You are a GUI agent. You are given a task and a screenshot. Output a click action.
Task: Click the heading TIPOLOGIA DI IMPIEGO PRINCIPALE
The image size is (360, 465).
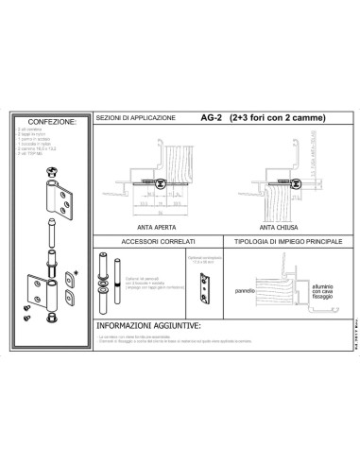point(271,241)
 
